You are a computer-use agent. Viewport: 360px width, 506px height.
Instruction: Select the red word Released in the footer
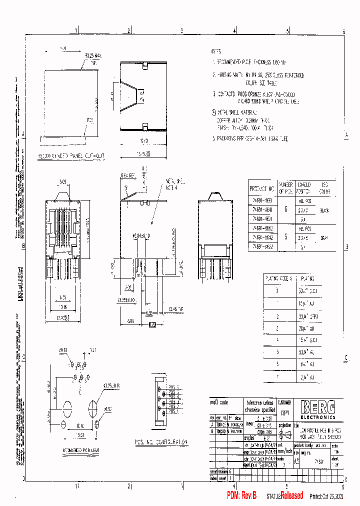(291, 495)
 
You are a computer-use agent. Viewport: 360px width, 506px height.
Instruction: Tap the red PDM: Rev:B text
(241, 495)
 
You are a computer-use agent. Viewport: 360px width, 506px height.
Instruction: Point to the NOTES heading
(215, 51)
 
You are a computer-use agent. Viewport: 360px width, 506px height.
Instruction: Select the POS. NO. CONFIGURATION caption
(161, 442)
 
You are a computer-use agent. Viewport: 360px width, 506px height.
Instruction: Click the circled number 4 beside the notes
(214, 112)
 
